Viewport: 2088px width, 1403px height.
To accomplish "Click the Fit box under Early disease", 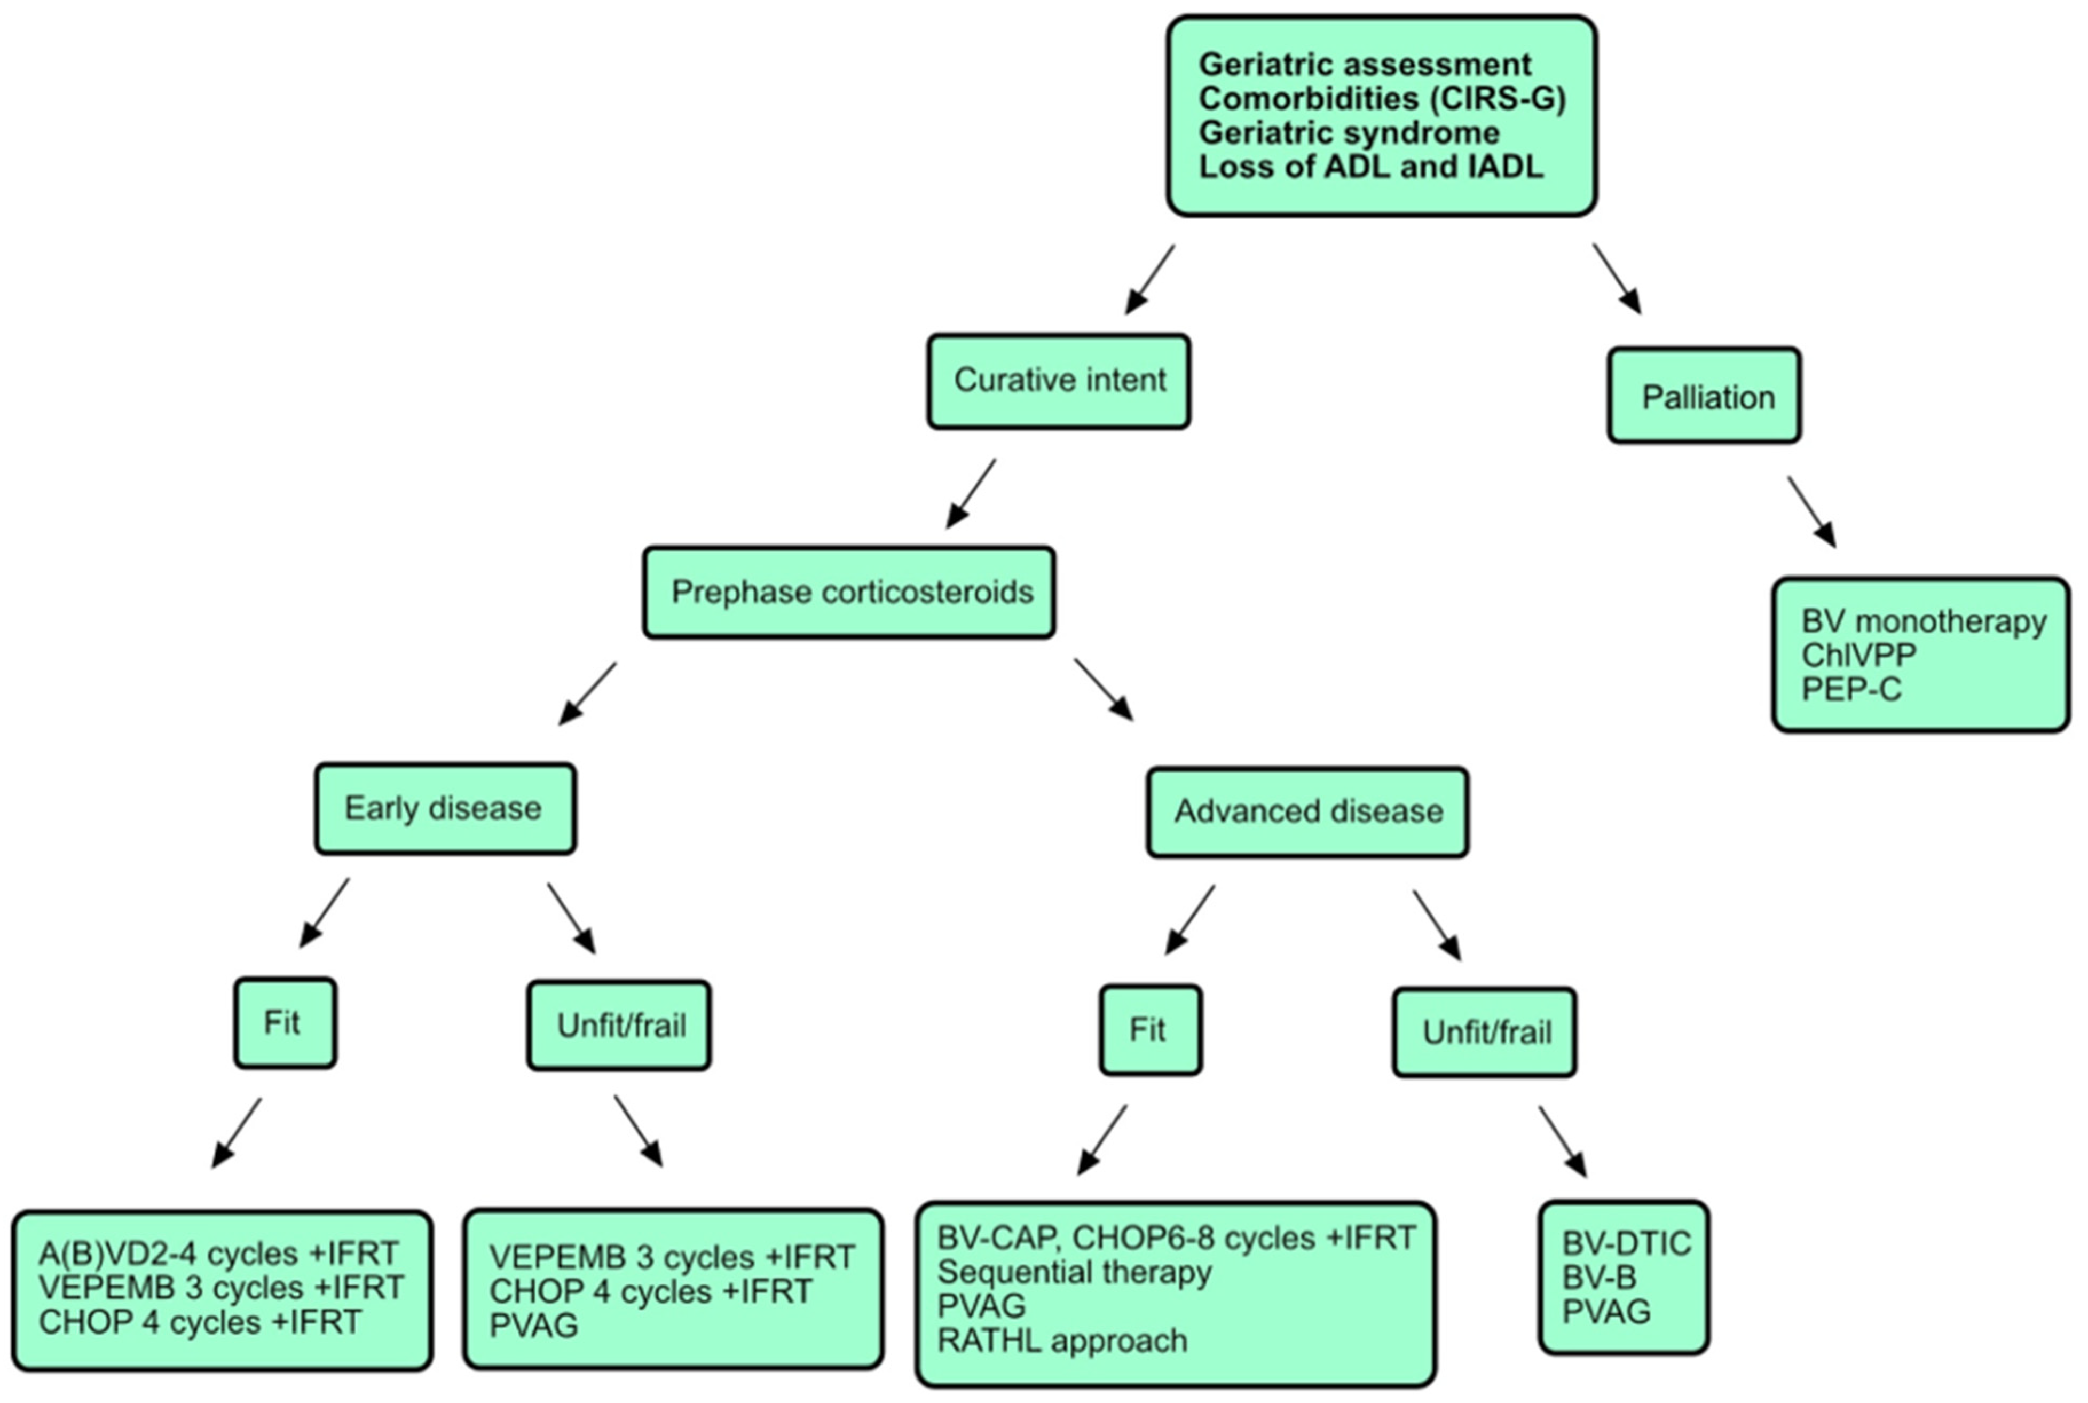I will (285, 1023).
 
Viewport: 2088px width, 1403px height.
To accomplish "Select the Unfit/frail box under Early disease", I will (619, 1026).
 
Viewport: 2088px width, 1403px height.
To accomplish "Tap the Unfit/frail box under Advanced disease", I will (1485, 1032).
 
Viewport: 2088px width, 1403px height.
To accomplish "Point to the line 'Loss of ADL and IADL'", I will (1370, 167).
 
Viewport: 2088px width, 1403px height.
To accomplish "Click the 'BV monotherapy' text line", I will (1924, 621).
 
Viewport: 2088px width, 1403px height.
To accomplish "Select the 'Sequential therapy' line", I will (1074, 1272).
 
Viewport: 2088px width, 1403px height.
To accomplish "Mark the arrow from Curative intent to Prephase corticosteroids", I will (972, 493).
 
